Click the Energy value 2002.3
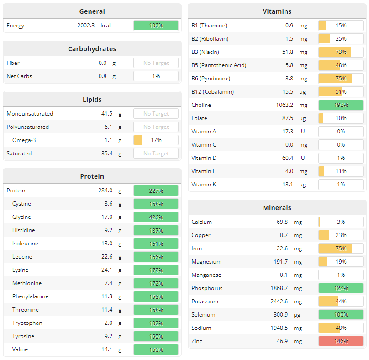pyautogui.click(x=86, y=26)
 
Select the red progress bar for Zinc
pyautogui.click(x=341, y=341)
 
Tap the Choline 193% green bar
pyautogui.click(x=341, y=105)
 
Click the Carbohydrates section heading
pyautogui.click(x=92, y=49)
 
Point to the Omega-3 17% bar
pyautogui.click(x=156, y=140)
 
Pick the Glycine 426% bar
pyautogui.click(x=156, y=217)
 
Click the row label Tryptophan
pyautogui.click(x=27, y=323)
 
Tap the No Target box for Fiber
pyautogui.click(x=156, y=63)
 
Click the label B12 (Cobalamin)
pyautogui.click(x=212, y=92)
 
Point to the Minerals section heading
pyautogui.click(x=277, y=208)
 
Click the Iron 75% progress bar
pyautogui.click(x=341, y=249)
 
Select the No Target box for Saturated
pyautogui.click(x=156, y=154)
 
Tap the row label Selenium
pyautogui.click(x=203, y=315)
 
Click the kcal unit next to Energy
pyautogui.click(x=105, y=26)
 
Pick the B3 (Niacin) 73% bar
pyautogui.click(x=341, y=52)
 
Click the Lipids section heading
pyautogui.click(x=92, y=100)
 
